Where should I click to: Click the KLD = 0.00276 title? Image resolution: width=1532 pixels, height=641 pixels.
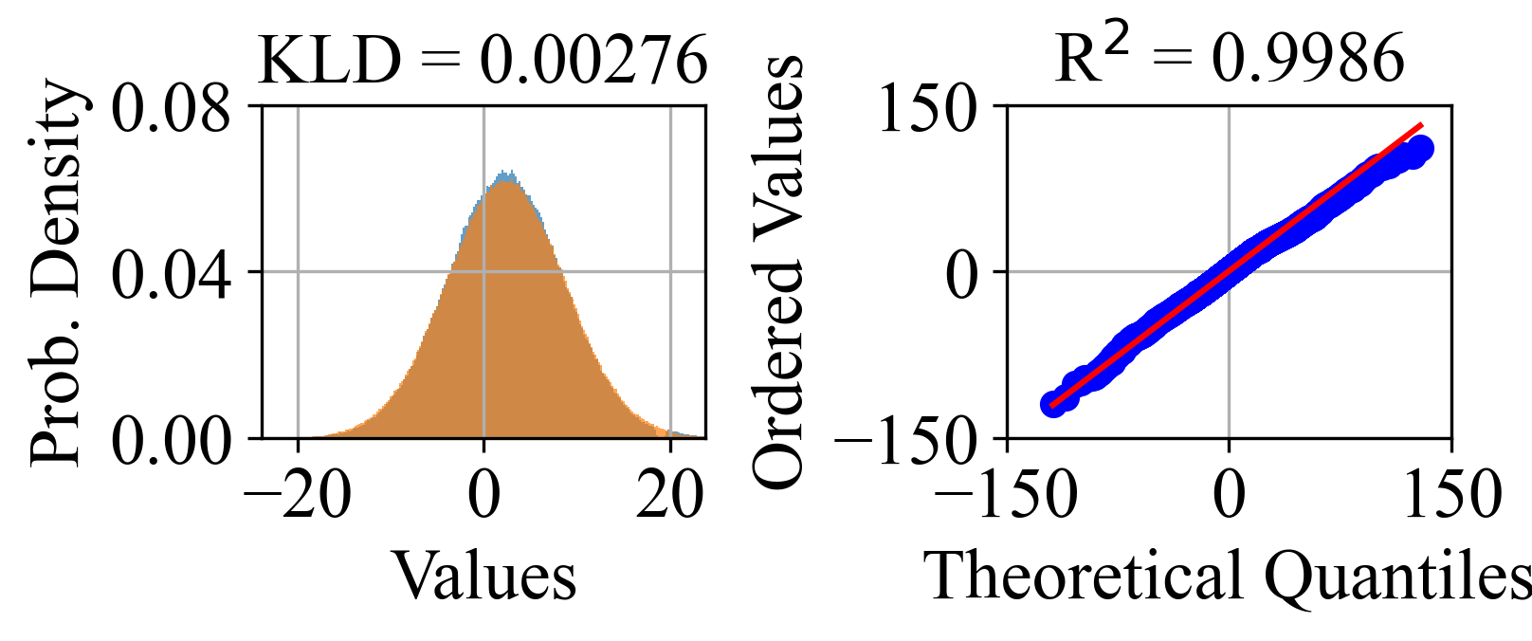pos(483,61)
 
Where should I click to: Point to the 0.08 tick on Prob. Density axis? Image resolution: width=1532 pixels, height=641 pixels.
pos(172,109)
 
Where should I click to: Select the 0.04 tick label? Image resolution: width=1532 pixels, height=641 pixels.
pos(172,275)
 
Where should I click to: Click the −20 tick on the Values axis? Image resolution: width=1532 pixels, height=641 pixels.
pos(298,495)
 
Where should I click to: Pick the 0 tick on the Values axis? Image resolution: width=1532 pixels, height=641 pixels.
pos(484,495)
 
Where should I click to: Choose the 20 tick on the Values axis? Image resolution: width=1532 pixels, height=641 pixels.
pos(670,495)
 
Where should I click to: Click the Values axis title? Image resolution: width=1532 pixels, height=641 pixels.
pos(484,576)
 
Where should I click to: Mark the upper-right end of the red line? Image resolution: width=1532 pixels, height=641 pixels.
pos(1422,124)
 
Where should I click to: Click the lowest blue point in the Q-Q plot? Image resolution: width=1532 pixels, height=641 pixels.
pos(1051,404)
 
